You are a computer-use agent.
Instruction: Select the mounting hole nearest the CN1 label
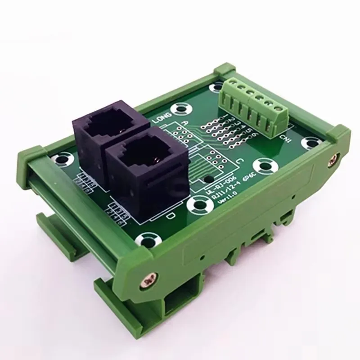point(310,144)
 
